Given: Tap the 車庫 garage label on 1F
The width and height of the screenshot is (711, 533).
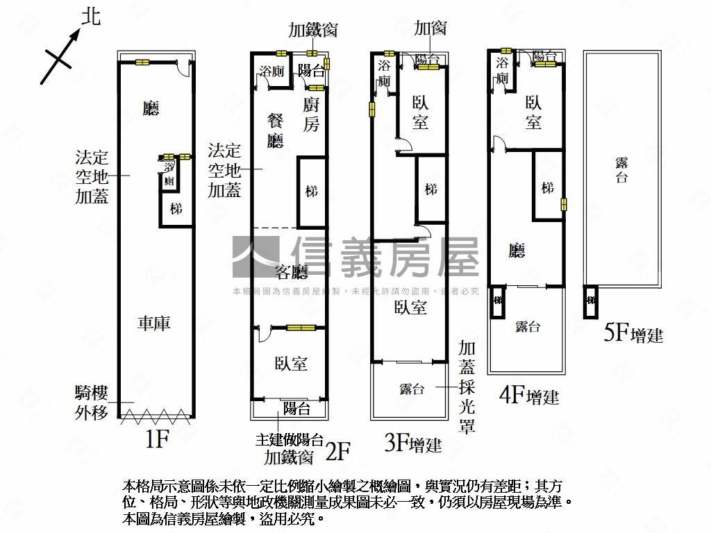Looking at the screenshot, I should [154, 323].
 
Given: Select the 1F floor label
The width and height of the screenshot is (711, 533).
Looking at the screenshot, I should [158, 439].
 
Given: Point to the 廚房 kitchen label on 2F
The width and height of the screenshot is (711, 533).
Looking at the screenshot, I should [312, 115].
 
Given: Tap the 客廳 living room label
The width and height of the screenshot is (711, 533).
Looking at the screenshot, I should [291, 271].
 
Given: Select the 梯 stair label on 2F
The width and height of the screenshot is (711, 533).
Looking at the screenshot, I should [311, 191].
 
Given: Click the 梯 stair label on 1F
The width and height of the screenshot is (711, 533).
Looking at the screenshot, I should [176, 208].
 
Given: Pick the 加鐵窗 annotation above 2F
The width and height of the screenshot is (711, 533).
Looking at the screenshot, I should [313, 30].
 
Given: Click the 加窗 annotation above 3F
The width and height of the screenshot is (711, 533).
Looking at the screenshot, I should [430, 28].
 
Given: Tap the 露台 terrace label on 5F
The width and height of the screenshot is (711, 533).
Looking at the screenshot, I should [621, 169].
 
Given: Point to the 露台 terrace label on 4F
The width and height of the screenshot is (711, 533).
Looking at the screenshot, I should [528, 327].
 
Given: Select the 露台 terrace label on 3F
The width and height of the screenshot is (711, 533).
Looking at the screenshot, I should [412, 389].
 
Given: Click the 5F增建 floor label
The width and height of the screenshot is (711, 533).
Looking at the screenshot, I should [633, 335].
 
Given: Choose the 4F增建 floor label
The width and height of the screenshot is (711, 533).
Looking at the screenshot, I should [529, 396].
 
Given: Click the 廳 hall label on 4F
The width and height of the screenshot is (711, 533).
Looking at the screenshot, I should [516, 251].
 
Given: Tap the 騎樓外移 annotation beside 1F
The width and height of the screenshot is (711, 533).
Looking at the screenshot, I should [92, 403].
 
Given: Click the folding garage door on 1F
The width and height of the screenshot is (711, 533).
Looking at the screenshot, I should [156, 416].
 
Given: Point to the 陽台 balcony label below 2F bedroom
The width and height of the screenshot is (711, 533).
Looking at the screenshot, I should [296, 408].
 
